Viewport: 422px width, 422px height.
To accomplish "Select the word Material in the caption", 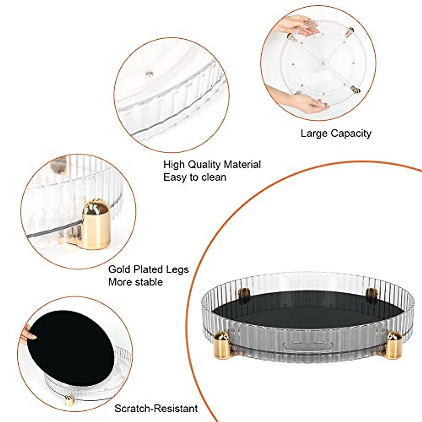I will (x=242, y=165).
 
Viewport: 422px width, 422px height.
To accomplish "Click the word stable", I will (x=148, y=282).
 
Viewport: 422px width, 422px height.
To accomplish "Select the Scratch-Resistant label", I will (x=156, y=409).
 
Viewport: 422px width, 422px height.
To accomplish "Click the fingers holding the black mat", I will (x=29, y=332).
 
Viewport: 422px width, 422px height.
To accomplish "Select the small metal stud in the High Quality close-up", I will (x=149, y=73).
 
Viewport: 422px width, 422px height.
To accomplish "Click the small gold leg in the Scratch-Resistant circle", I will (x=69, y=400).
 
